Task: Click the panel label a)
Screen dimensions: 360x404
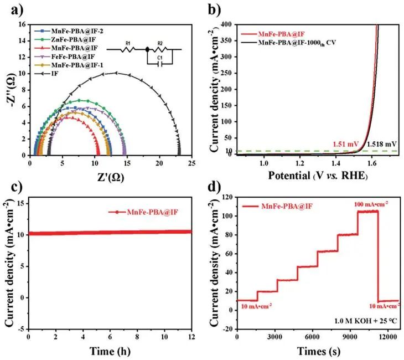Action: pos(9,9)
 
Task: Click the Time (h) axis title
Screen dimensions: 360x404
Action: pos(110,350)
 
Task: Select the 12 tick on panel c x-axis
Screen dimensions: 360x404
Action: pos(192,336)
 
